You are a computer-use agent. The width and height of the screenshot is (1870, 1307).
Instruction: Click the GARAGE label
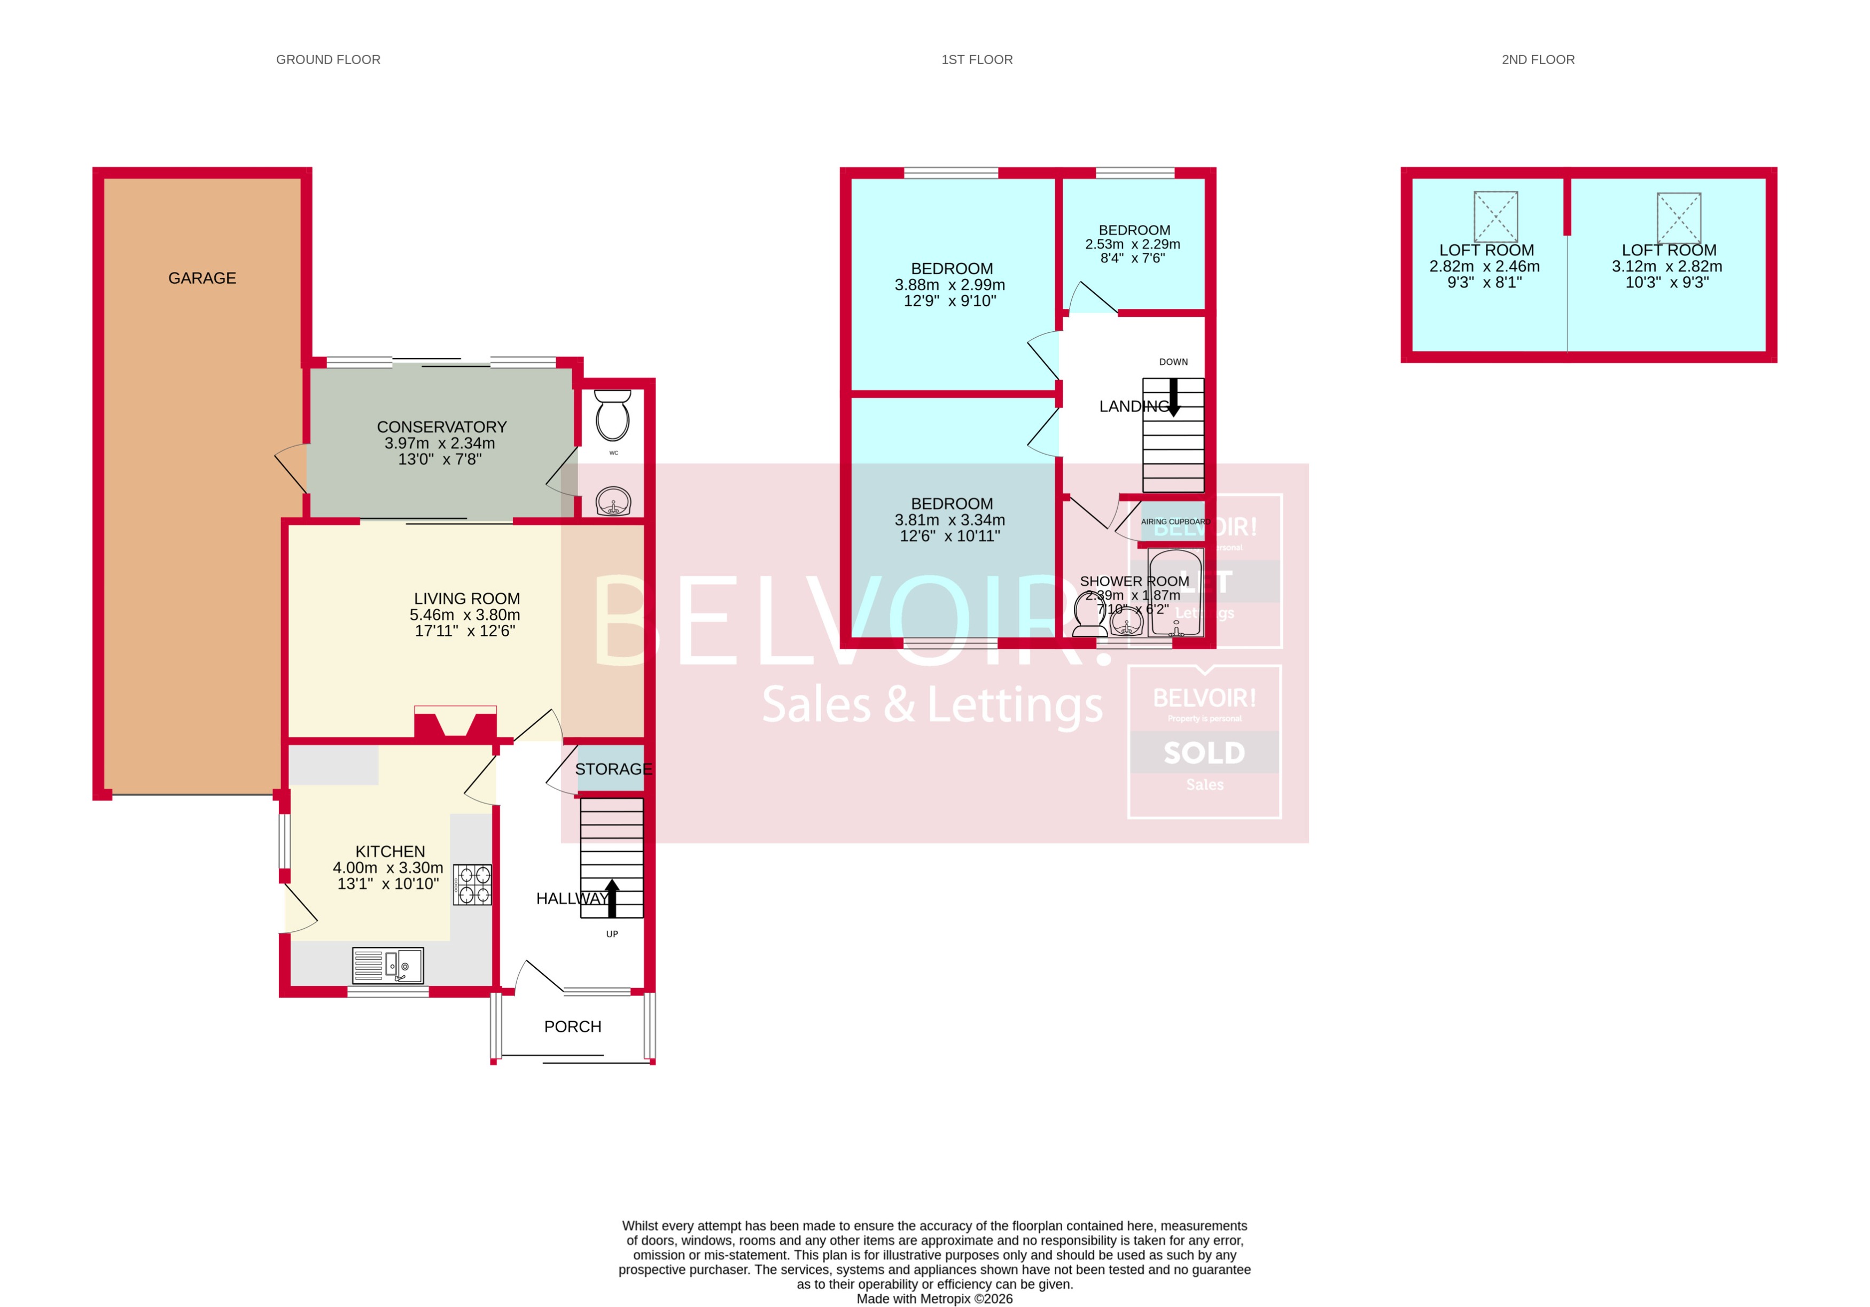202,278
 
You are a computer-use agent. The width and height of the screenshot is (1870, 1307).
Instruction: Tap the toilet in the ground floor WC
612,416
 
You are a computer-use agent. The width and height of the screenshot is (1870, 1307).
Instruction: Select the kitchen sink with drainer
388,966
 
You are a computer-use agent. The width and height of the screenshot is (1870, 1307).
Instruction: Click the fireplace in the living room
455,723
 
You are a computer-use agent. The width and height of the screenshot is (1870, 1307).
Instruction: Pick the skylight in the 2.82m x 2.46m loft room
1495,216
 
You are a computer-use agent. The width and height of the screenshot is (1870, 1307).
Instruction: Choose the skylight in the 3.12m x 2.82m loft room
1679,216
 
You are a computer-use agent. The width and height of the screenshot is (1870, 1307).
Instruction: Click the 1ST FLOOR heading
977,59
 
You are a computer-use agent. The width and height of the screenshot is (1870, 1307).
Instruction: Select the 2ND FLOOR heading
1538,59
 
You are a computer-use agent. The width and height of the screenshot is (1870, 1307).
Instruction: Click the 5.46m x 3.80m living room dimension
464,615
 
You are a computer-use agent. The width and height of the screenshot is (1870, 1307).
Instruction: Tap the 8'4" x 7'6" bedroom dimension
1132,258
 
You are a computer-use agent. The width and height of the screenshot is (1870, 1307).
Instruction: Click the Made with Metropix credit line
934,1298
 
